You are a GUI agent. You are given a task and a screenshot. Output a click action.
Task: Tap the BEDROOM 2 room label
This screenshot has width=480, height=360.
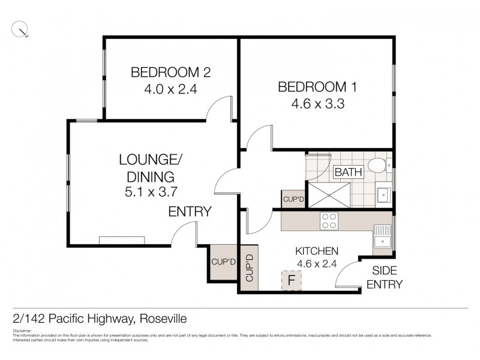pyautogui.click(x=171, y=73)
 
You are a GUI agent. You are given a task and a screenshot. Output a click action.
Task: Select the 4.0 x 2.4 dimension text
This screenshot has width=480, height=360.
pyautogui.click(x=171, y=89)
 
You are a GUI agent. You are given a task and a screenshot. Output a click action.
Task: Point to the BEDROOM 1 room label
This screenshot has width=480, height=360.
pyautogui.click(x=317, y=87)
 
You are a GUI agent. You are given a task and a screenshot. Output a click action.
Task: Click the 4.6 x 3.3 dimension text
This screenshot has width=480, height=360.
pyautogui.click(x=317, y=103)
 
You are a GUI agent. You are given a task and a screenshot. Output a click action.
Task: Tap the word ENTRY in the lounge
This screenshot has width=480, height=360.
pyautogui.click(x=190, y=211)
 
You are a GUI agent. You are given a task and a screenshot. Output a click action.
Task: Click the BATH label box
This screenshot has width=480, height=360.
pyautogui.click(x=349, y=172)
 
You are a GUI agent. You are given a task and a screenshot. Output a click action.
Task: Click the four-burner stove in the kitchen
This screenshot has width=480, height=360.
pyautogui.click(x=329, y=221)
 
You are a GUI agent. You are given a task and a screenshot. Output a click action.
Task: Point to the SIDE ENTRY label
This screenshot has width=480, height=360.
pyautogui.click(x=385, y=277)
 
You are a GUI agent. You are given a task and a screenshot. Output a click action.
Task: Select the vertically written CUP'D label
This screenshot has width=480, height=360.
pyautogui.click(x=250, y=268)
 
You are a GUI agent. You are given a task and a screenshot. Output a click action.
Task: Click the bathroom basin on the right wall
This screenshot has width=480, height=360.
pyautogui.click(x=384, y=194)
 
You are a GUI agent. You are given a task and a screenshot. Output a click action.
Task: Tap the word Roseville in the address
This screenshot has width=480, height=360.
pyautogui.click(x=166, y=317)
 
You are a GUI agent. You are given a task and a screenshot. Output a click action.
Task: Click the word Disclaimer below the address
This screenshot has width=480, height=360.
pyautogui.click(x=22, y=331)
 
